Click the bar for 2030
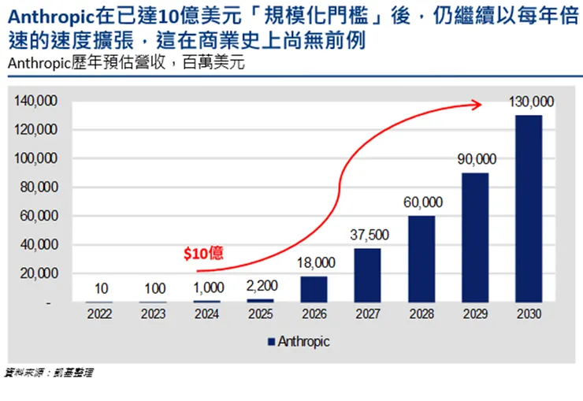(529, 209)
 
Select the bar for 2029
(475, 237)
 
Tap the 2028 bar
(421, 259)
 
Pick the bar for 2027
(368, 275)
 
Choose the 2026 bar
(314, 289)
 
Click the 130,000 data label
(529, 102)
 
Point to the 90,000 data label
(475, 159)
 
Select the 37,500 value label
(368, 235)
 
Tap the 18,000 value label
(314, 262)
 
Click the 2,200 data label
(260, 286)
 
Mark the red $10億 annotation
(203, 253)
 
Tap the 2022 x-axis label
(99, 314)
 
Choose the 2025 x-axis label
(260, 314)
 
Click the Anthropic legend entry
(299, 342)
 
